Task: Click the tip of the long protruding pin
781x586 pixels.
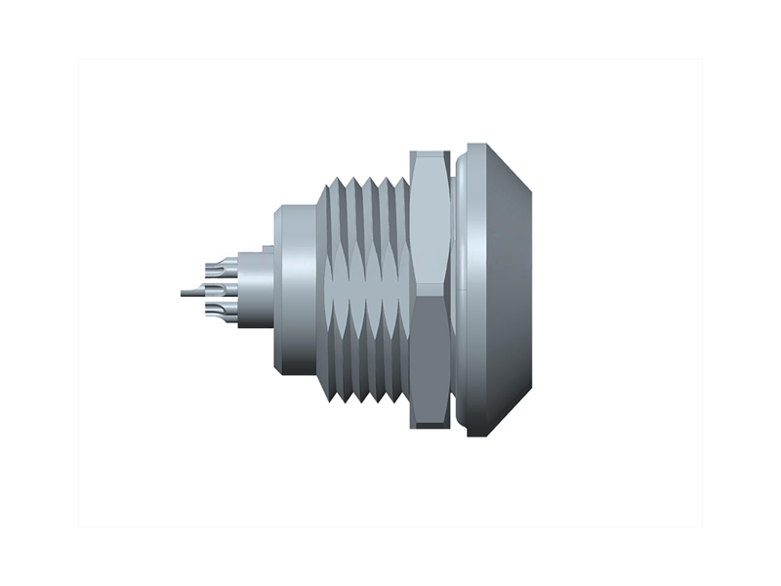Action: (182, 291)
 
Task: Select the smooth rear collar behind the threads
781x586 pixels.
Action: (294, 289)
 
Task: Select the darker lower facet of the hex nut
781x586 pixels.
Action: (430, 361)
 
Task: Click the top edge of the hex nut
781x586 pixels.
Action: (430, 153)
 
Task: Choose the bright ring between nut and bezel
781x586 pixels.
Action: (457, 289)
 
